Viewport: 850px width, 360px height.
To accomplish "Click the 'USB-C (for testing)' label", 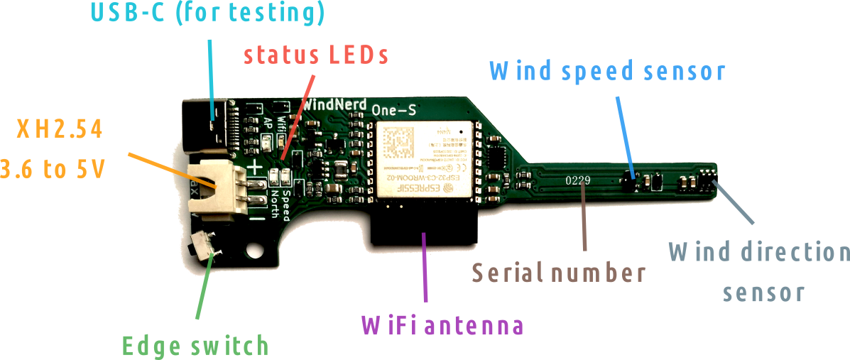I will [x=208, y=13].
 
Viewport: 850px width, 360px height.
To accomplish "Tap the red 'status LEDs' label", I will [x=316, y=55].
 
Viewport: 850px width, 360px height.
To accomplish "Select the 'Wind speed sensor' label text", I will [x=608, y=71].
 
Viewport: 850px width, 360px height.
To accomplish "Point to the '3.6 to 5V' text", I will [x=53, y=170].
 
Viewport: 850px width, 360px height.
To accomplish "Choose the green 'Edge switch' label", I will [x=196, y=346].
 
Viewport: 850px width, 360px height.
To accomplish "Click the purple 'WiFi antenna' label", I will [x=442, y=325].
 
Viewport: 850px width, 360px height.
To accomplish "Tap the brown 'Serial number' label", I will [x=559, y=272].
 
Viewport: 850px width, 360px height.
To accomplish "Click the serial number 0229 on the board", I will [x=577, y=180].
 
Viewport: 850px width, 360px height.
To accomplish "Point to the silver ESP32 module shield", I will [x=425, y=159].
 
